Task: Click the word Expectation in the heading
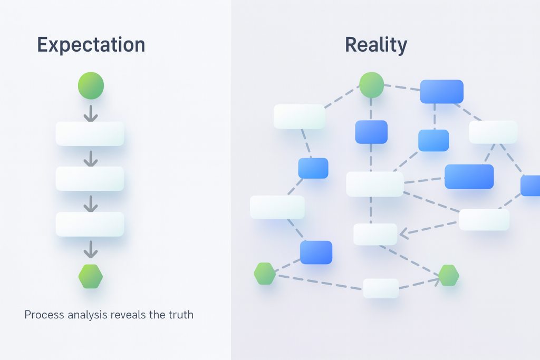[x=91, y=45]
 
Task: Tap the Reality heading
[x=376, y=45]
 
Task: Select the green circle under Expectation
[x=91, y=85]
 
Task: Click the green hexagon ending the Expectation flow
[x=91, y=276]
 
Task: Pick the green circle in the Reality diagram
[x=372, y=85]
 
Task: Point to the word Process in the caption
[x=44, y=315]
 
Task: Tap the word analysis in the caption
[x=84, y=315]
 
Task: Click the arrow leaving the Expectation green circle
[x=91, y=113]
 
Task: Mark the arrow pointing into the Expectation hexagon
[x=91, y=250]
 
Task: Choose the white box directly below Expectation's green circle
[x=90, y=134]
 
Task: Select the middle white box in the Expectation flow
[x=90, y=179]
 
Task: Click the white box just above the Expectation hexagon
[x=90, y=224]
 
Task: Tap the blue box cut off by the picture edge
[x=531, y=186]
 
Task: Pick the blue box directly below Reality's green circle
[x=371, y=132]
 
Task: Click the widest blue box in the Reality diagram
[x=469, y=177]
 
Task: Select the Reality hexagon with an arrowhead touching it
[x=449, y=276]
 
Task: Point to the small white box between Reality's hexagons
[x=381, y=288]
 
